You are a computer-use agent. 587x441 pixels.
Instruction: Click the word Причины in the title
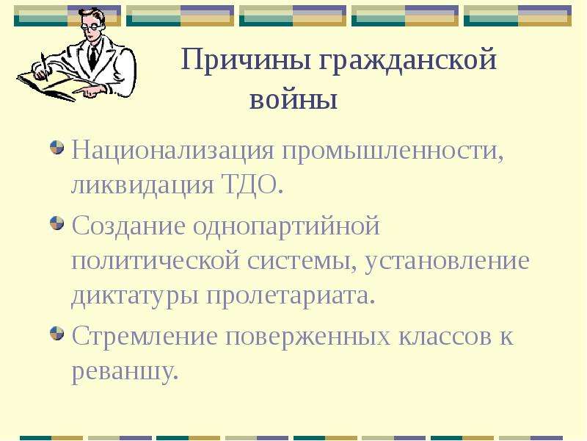tap(246, 60)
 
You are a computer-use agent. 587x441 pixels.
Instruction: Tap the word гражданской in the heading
tap(408, 60)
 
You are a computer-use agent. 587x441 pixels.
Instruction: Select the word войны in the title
tap(293, 99)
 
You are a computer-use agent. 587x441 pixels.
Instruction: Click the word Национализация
tap(172, 151)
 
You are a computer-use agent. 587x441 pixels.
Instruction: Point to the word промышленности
tap(392, 151)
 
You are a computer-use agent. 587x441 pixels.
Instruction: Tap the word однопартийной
tap(286, 226)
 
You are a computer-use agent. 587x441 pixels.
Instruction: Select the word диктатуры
tap(134, 295)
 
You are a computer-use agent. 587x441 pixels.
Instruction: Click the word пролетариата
tap(288, 295)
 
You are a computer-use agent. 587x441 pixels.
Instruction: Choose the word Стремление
tap(145, 336)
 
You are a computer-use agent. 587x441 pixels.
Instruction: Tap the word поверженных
tap(307, 337)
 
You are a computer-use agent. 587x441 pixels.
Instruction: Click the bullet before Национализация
tap(57, 148)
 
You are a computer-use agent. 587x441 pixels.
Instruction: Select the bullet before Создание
tap(57, 223)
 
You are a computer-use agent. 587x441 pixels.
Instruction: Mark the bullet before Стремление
tap(57, 334)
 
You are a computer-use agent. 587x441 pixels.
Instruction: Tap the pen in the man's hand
tap(45, 67)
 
